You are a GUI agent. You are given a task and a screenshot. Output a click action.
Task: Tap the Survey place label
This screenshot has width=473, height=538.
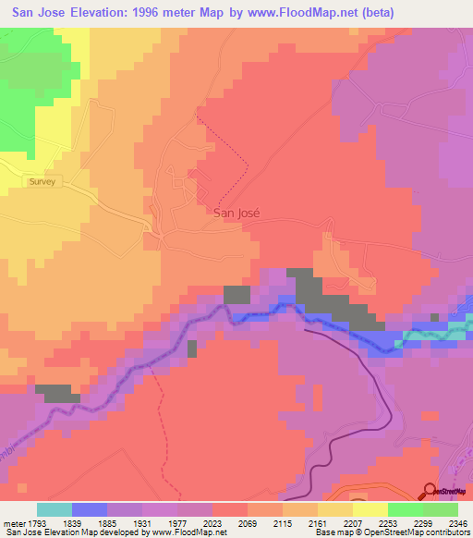(x=42, y=182)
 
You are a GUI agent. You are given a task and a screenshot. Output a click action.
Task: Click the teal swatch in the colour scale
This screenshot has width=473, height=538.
(x=55, y=509)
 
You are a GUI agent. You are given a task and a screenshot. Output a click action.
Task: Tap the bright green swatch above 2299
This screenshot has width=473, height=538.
(x=405, y=509)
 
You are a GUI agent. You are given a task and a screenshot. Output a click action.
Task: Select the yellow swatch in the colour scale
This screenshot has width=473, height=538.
(x=370, y=509)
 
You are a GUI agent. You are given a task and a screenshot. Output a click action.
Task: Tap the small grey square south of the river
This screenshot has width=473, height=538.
(x=192, y=348)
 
